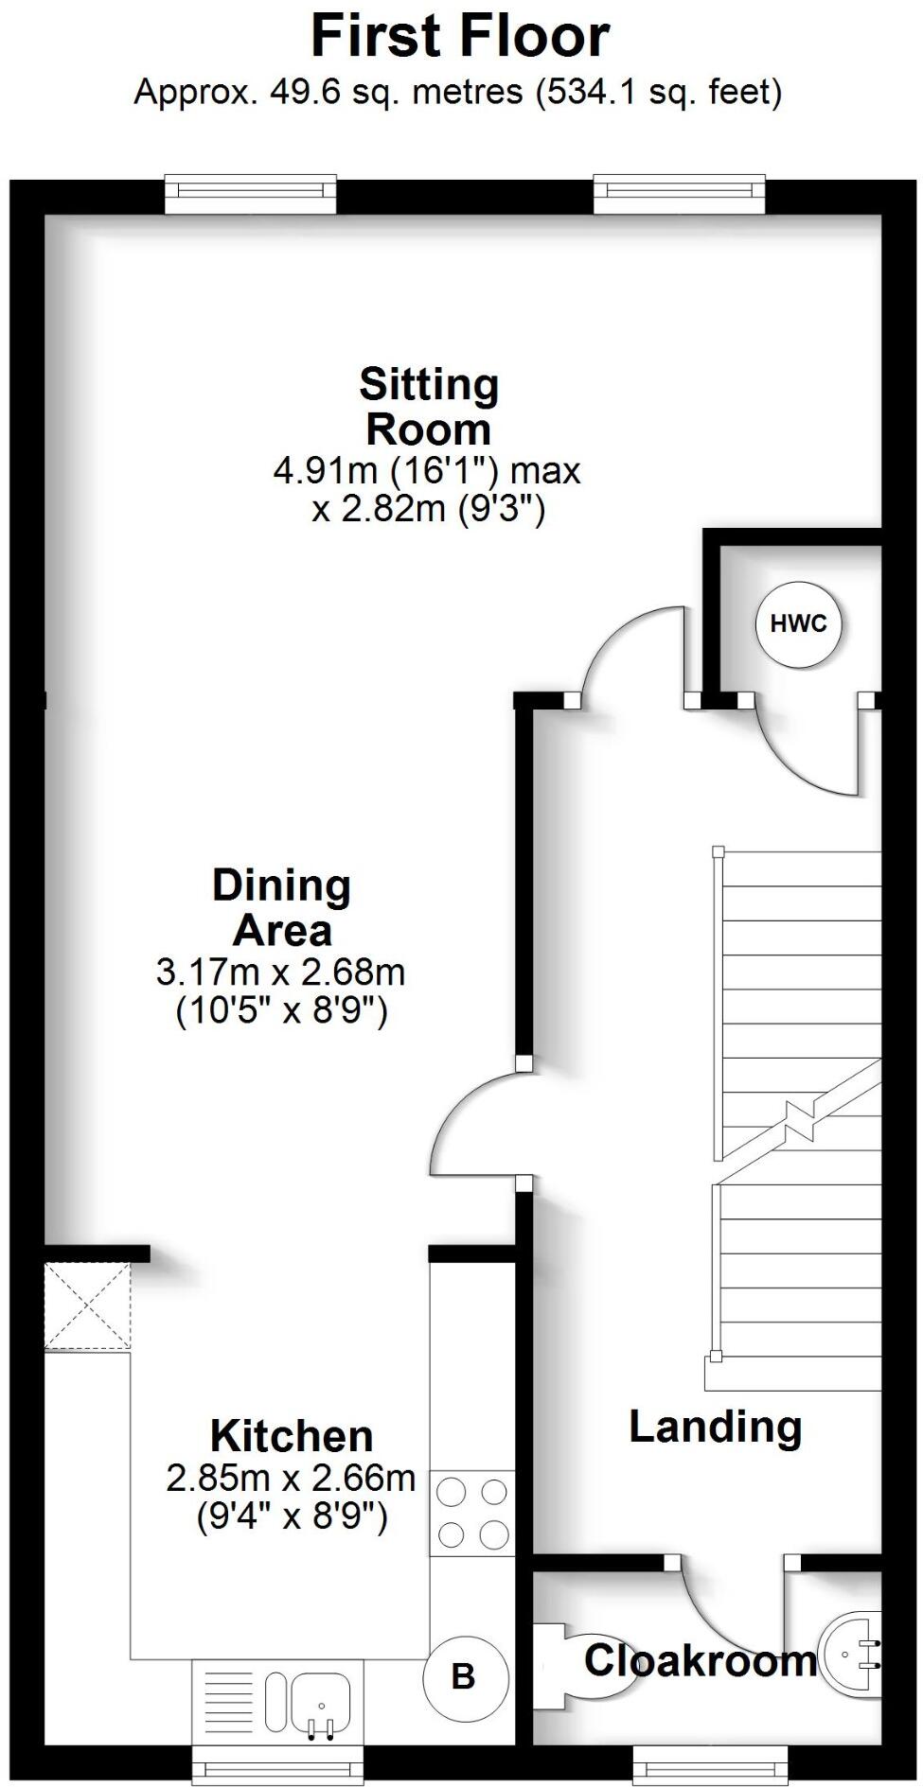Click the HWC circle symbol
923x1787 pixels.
798,623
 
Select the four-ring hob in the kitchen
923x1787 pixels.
472,1513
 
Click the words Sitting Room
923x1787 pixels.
429,407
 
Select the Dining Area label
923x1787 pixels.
282,907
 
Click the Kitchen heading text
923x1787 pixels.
292,1436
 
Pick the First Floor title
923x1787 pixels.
460,37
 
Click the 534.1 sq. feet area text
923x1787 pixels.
659,92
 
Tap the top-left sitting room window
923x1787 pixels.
250,193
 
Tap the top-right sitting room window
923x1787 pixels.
679,193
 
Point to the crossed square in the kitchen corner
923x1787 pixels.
87,1306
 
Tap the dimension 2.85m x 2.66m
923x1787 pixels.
291,1478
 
